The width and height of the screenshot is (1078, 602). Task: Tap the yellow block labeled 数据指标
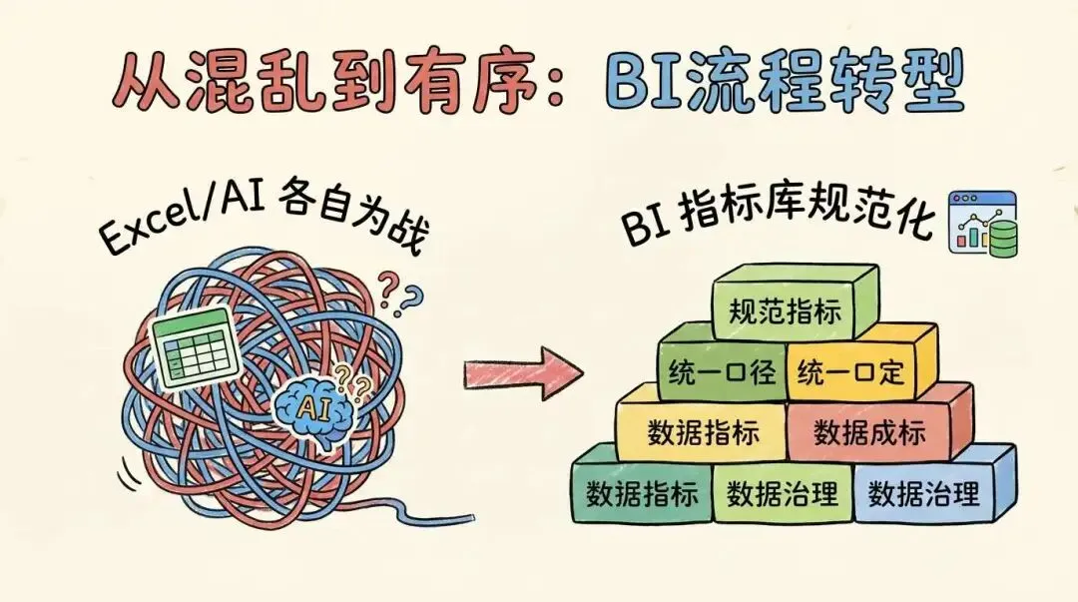click(703, 431)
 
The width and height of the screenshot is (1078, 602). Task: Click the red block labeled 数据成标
click(869, 431)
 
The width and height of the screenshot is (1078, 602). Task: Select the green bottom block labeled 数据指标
click(642, 492)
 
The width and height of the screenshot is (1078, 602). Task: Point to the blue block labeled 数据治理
click(923, 491)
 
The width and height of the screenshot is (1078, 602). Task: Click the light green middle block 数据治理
click(783, 492)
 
